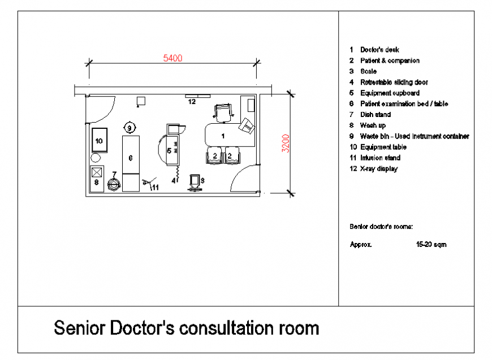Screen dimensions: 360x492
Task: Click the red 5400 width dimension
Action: point(172,58)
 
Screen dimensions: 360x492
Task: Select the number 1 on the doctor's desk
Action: point(222,136)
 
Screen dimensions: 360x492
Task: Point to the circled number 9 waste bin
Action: point(130,128)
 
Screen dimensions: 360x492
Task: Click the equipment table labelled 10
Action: point(99,140)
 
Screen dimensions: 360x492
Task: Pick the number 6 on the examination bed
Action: point(130,157)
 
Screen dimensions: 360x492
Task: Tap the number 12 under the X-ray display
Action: point(192,102)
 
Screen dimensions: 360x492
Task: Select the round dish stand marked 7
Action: point(114,183)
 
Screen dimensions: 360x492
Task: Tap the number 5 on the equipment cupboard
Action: point(169,151)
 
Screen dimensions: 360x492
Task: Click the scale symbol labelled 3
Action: point(195,182)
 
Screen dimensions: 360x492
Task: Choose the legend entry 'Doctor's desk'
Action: point(379,50)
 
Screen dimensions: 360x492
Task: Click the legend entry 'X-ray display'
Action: point(379,168)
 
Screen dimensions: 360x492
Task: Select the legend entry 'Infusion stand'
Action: point(380,158)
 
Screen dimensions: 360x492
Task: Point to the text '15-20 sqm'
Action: point(431,245)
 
